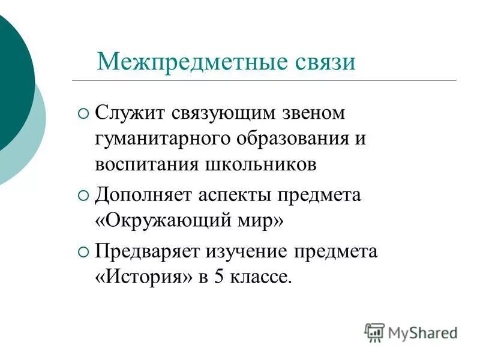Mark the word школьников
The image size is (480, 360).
265,165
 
